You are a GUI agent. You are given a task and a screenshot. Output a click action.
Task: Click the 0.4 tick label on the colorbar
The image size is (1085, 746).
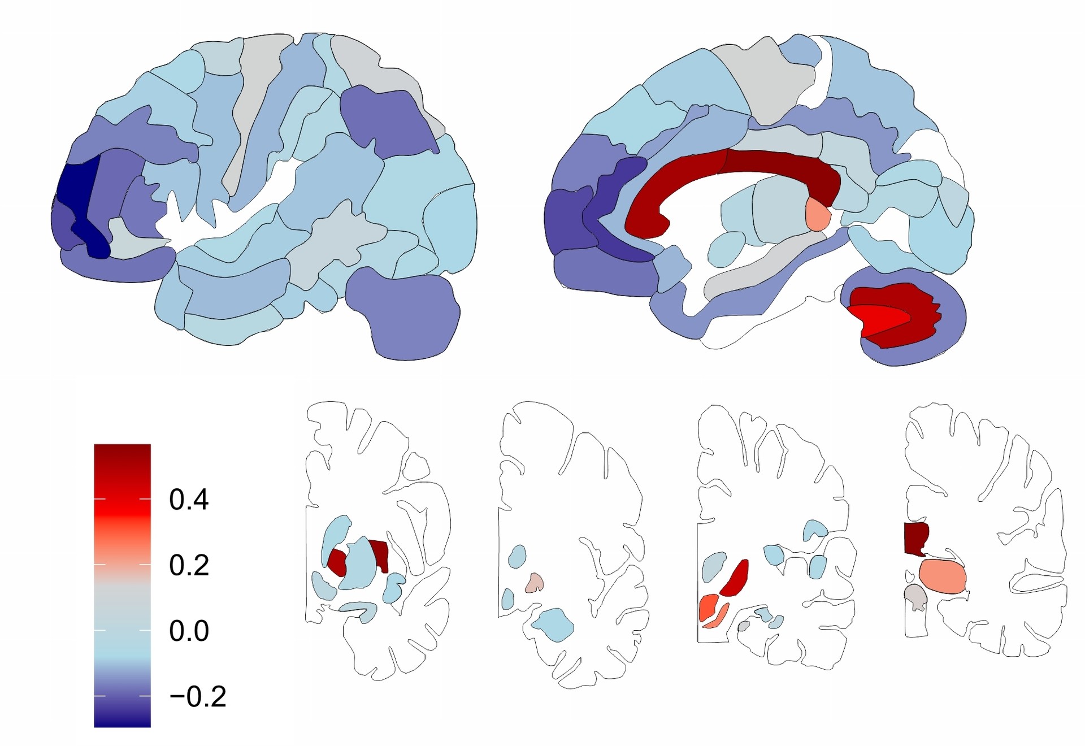[189, 500]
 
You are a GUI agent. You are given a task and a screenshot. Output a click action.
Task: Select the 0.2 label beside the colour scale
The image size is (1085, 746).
[189, 565]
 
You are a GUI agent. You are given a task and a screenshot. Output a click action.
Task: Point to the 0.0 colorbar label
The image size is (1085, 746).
[189, 631]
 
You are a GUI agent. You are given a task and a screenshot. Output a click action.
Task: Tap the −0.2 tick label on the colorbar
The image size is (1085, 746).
[198, 696]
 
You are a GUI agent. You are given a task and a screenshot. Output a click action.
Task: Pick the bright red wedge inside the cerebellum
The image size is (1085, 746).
[879, 319]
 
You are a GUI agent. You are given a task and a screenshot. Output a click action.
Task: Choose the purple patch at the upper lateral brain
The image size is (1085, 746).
[387, 122]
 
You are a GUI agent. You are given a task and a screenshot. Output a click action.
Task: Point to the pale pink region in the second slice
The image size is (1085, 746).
[534, 583]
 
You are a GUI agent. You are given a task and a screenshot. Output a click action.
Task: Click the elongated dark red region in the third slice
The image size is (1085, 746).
[735, 578]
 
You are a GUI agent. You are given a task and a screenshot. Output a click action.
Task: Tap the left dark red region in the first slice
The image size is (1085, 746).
[337, 562]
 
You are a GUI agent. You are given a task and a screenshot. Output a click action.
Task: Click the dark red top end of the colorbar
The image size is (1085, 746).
[122, 452]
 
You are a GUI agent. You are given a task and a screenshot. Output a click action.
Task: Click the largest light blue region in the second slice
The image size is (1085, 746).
[553, 624]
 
